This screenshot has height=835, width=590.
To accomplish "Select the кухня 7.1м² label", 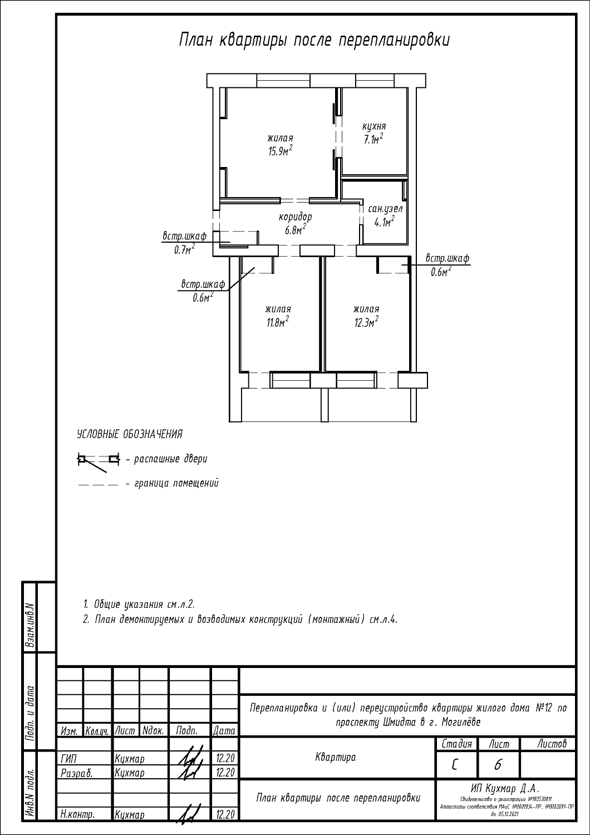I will pos(373,134).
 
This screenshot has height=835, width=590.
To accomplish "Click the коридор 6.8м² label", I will pos(295,223).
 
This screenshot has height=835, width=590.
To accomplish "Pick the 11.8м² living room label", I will pos(278,316).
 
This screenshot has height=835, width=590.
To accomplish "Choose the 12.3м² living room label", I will pos(366,316).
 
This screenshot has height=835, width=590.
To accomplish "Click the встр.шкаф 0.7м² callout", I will pos(184,242).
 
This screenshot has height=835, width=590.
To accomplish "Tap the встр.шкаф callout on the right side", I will pos(447,264).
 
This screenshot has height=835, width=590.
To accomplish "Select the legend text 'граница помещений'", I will pos(176,483).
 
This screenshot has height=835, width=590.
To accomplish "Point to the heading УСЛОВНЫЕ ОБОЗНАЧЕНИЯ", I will pos(130,434).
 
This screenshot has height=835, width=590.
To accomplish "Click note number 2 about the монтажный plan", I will pos(240,620).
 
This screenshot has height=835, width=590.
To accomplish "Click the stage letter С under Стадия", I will pos(455,765).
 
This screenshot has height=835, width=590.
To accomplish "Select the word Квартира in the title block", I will pos(336,757).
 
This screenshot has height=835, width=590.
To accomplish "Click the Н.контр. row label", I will pos(77,814).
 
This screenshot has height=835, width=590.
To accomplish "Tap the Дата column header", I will pos(224,730).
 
